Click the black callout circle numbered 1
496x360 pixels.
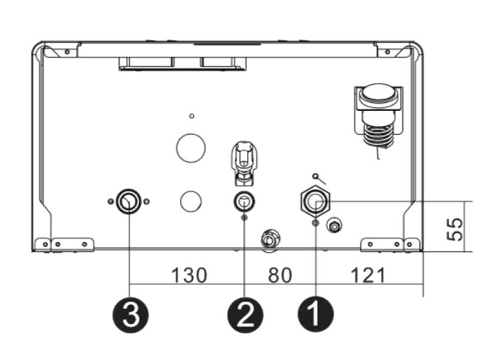315,315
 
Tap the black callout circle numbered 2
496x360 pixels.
245,315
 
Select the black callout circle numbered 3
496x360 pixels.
130,315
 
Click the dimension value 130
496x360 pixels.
189,275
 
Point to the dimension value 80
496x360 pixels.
280,275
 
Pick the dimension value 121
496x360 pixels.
369,275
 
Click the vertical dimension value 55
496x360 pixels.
455,229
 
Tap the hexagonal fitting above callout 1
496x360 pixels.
315,202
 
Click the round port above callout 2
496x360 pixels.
244,202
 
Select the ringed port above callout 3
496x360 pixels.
128,201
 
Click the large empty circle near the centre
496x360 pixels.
191,148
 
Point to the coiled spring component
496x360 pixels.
379,136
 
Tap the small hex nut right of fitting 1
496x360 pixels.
334,225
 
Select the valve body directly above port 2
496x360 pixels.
244,163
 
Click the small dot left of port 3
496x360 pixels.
110,201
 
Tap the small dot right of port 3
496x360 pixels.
146,201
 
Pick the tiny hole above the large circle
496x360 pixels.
191,116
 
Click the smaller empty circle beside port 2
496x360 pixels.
191,201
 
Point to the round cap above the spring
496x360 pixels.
379,95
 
